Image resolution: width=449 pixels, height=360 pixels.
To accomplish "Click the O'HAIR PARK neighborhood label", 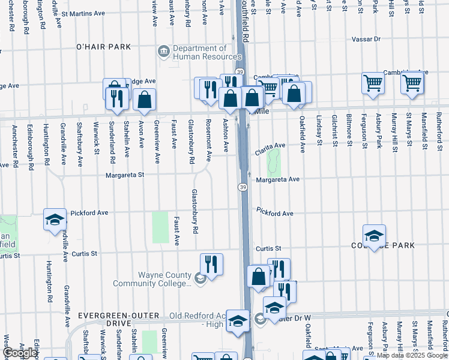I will click(103, 46).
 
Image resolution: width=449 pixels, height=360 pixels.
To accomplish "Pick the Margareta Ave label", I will click(277, 179).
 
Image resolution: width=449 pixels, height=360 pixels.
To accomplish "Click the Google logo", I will click(19, 353).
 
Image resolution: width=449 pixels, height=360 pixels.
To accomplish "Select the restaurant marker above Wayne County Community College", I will click(211, 263).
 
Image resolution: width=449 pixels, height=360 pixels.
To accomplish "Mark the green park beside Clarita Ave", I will click(274, 161).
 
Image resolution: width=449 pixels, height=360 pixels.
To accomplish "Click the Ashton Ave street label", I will click(226, 136).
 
